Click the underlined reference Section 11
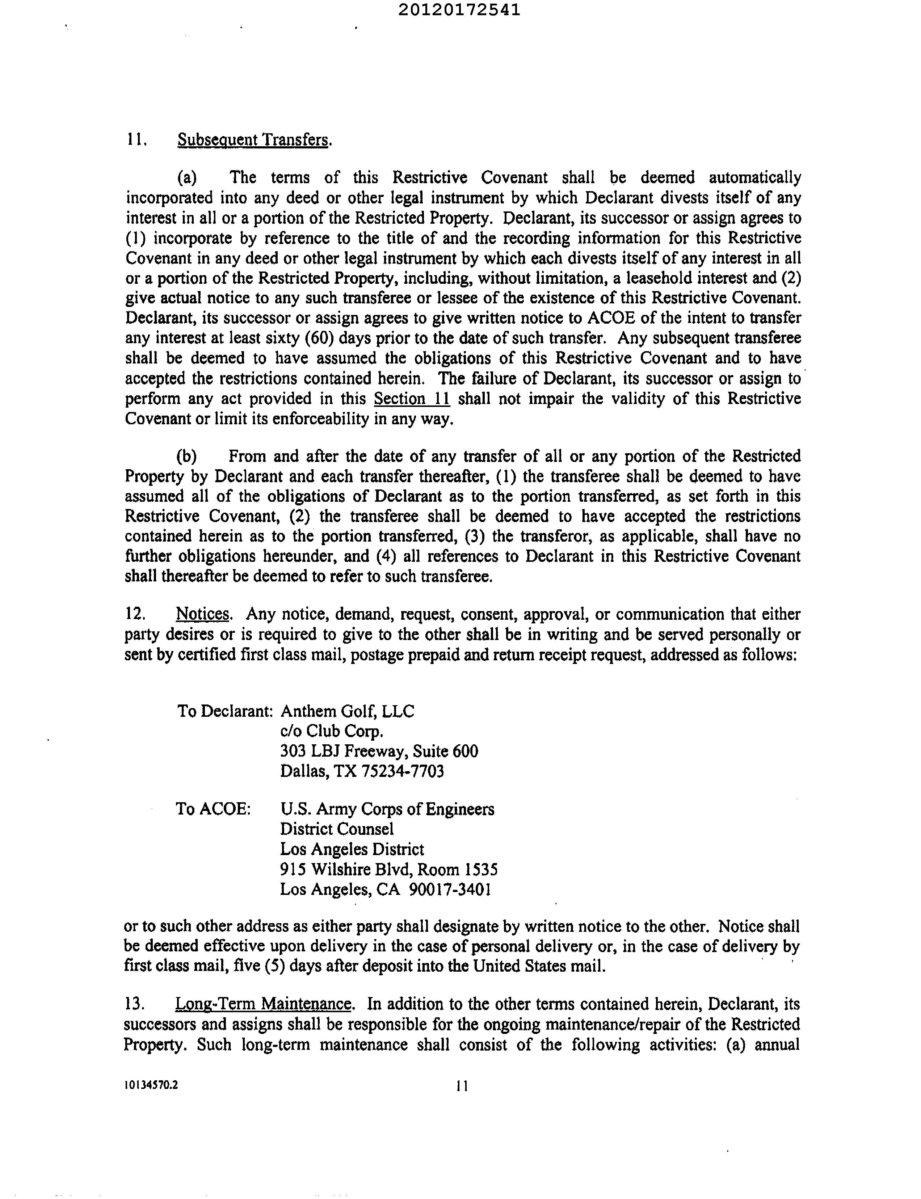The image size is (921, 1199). click(412, 399)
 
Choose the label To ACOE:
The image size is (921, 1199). click(213, 809)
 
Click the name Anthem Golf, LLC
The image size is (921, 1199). click(348, 711)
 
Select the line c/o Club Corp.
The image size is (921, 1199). click(332, 731)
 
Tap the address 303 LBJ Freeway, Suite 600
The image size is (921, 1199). click(379, 751)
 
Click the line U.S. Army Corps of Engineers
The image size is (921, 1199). click(387, 809)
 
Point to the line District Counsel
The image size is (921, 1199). click(337, 829)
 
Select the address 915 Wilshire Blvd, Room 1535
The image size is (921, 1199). click(389, 870)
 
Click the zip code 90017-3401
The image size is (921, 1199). click(450, 889)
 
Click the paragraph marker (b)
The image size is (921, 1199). click(187, 456)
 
